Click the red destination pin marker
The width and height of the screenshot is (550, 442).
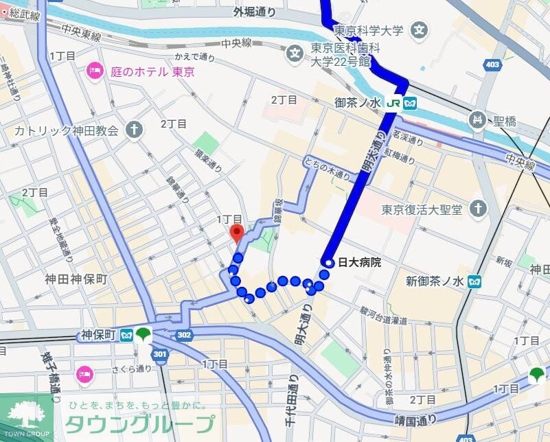pos(237,233)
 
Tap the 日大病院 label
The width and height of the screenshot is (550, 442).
pos(358,263)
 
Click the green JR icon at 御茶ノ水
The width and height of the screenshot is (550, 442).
pos(394,103)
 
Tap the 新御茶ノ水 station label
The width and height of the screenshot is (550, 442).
pos(434,281)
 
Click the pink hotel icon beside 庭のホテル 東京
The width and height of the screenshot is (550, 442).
pos(95,71)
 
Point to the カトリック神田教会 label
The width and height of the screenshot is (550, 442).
pos(67,130)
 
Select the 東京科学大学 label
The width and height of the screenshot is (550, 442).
pos(369,31)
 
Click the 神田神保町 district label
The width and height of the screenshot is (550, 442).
pos(76,279)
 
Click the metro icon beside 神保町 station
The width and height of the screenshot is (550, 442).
pos(126,335)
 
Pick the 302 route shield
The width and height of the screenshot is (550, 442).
pos(183,335)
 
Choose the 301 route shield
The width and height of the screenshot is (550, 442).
pos(159,355)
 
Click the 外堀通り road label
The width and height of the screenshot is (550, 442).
pos(254,12)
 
